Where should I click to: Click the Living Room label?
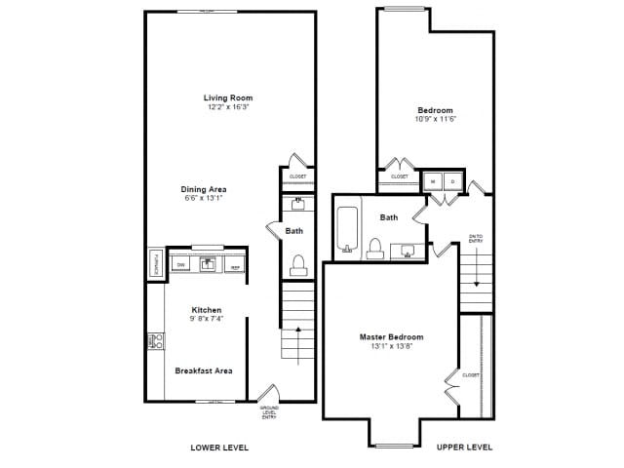[228, 97]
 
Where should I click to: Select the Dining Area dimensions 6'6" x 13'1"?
[204, 198]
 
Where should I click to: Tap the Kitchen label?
[206, 310]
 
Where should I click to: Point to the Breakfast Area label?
[204, 370]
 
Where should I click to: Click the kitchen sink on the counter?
[208, 263]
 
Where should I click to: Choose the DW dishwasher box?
[180, 264]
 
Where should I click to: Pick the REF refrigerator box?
[235, 264]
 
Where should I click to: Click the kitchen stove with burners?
[156, 340]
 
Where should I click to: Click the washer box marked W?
[433, 181]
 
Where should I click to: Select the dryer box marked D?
[453, 181]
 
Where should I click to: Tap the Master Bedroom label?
[391, 337]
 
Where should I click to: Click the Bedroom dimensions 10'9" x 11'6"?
[435, 119]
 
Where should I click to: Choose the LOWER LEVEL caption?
[219, 448]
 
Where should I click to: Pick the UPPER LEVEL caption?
[464, 448]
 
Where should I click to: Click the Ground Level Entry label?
[269, 412]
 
